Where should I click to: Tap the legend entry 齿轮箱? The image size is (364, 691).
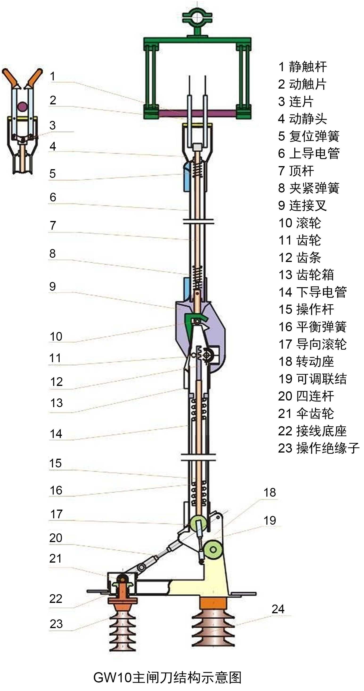(x=306, y=275)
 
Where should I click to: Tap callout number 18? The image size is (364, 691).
(x=270, y=492)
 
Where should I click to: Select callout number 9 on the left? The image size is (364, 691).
(x=53, y=286)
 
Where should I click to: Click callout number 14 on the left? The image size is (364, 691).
(x=56, y=434)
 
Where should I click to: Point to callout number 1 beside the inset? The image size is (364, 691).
(x=53, y=76)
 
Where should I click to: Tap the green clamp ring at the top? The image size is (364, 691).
(x=197, y=15)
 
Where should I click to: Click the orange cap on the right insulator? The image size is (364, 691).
(x=213, y=603)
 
